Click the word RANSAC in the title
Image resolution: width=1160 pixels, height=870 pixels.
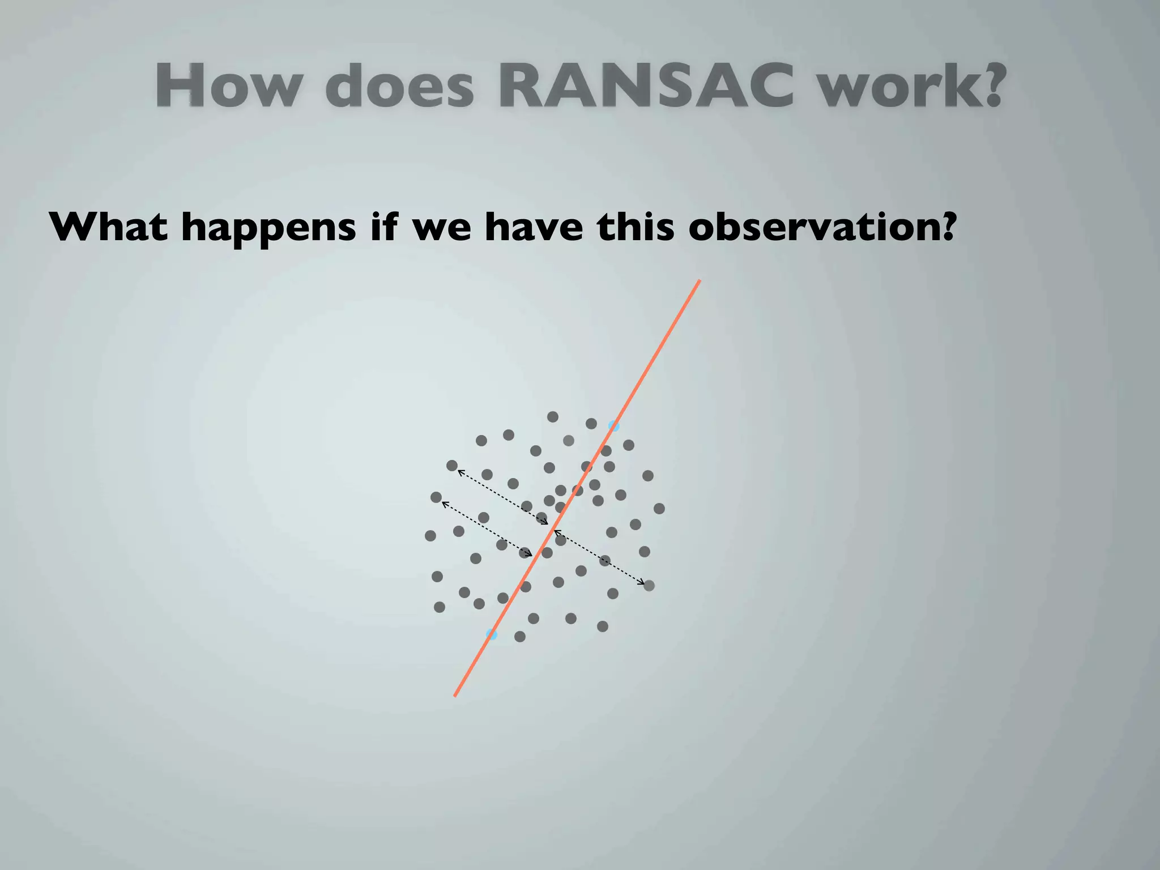click(x=645, y=86)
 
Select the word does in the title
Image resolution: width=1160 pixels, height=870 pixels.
click(x=399, y=87)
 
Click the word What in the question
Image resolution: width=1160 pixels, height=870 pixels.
click(x=108, y=227)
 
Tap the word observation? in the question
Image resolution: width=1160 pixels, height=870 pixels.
click(x=822, y=227)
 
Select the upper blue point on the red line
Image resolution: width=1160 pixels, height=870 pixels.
click(x=613, y=426)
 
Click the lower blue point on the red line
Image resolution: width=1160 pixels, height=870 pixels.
click(x=492, y=634)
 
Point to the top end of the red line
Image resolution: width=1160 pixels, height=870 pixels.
click(x=700, y=281)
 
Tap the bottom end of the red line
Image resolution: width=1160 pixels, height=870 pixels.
click(x=455, y=695)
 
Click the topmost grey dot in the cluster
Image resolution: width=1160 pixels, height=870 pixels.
click(x=553, y=417)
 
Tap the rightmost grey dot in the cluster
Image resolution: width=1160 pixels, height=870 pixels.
click(x=659, y=509)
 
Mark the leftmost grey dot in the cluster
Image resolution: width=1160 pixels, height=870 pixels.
click(x=430, y=536)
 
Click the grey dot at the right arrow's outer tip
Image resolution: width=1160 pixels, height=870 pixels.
click(x=649, y=586)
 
